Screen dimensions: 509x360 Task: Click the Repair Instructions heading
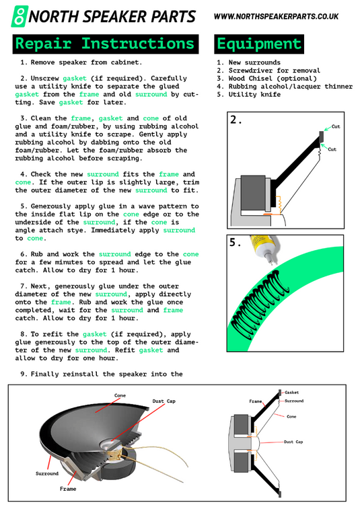[x=105, y=44]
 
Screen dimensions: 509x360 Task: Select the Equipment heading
[x=259, y=44]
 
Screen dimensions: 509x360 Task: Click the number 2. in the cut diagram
[x=236, y=120]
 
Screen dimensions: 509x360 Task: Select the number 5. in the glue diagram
[x=236, y=243]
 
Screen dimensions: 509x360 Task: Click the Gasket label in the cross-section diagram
[x=292, y=392]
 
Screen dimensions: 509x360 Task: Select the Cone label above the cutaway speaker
[x=120, y=395]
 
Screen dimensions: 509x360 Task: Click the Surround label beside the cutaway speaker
[x=46, y=473]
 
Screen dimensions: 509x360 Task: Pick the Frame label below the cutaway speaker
[x=68, y=488]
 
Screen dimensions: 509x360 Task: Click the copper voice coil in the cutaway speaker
[x=118, y=457]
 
